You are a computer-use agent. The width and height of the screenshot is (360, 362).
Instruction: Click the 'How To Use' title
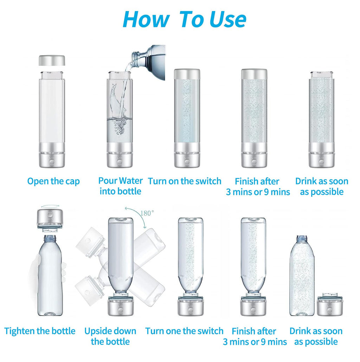184,19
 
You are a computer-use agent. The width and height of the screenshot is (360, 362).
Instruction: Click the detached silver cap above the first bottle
52,60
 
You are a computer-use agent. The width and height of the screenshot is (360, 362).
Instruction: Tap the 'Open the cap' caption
53,181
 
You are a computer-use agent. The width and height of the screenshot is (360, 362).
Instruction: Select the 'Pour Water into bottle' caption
120,186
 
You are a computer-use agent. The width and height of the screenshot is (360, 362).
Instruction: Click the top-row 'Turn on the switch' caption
185,181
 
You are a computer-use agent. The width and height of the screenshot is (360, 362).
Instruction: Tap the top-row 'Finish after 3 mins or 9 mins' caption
258,187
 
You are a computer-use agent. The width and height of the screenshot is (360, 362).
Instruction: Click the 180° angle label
147,213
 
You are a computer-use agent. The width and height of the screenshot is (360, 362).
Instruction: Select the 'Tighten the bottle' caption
40,331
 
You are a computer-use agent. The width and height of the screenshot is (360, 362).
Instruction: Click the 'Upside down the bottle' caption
110,336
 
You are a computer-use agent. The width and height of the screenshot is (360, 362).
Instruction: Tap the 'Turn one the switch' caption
184,331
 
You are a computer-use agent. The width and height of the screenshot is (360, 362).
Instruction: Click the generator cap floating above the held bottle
50,220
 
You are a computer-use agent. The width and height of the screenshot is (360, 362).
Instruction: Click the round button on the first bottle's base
52,162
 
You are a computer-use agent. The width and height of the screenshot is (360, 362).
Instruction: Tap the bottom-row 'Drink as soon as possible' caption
316,336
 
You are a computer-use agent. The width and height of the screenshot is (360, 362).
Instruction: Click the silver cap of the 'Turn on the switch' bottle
187,74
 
